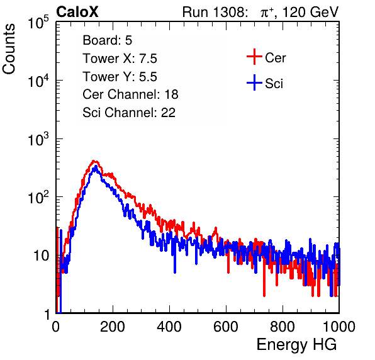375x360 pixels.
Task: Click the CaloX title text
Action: click(x=77, y=12)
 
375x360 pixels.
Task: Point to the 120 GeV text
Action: click(x=310, y=12)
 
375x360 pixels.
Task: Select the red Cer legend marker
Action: click(x=254, y=57)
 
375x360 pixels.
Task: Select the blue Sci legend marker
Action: click(x=254, y=82)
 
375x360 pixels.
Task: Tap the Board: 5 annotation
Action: click(x=108, y=40)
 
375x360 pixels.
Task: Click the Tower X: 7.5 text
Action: click(x=120, y=59)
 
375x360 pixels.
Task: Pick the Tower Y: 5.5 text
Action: click(x=120, y=77)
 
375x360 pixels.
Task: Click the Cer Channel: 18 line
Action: click(x=130, y=94)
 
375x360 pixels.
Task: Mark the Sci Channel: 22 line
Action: click(x=129, y=113)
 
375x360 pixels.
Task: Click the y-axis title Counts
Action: click(x=9, y=49)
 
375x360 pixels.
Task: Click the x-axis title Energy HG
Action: click(x=296, y=345)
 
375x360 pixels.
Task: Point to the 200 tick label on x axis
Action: click(x=113, y=327)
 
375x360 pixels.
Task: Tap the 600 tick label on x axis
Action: click(x=226, y=327)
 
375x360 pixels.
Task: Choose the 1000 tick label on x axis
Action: click(x=339, y=327)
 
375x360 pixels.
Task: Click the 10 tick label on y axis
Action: click(x=42, y=256)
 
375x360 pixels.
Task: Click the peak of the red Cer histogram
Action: click(x=94, y=161)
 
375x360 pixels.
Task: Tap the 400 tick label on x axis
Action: click(x=169, y=327)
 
